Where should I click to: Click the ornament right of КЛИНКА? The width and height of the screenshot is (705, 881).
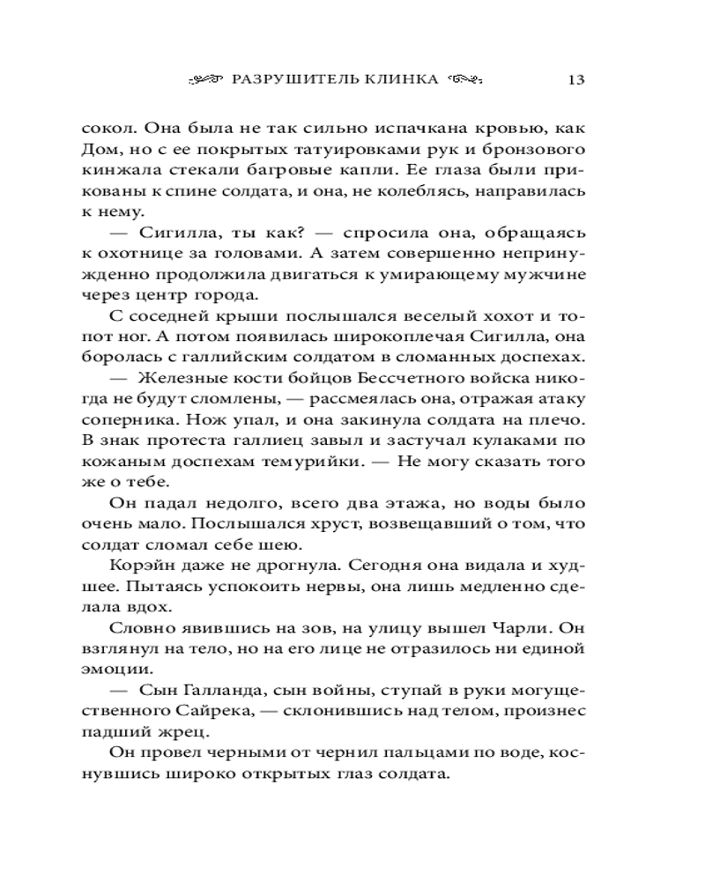pyautogui.click(x=464, y=79)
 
